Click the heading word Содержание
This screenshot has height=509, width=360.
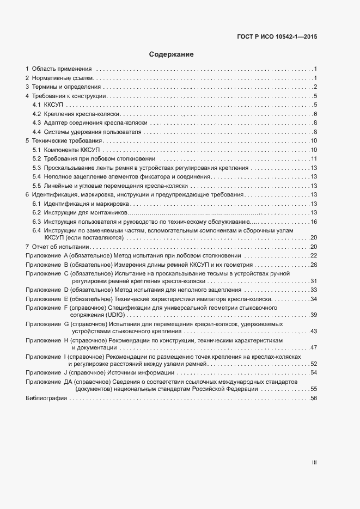point(171,54)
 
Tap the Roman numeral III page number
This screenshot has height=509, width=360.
point(314,463)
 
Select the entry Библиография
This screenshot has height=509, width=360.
point(46,399)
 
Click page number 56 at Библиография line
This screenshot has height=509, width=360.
point(314,399)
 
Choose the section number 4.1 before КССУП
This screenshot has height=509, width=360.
point(37,105)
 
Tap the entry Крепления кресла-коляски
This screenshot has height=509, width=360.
point(82,114)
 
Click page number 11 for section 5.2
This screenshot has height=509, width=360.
point(314,159)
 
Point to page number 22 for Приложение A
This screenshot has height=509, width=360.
point(314,256)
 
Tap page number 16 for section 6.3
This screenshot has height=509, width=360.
point(314,222)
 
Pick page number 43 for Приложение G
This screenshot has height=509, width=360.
point(314,332)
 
